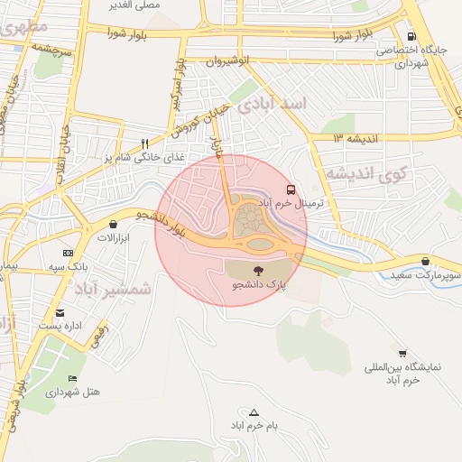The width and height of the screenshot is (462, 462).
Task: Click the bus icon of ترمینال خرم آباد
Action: coord(291,190)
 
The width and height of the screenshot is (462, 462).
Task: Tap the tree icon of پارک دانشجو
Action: coord(259,270)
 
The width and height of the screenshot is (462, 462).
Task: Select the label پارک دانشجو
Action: coord(259,284)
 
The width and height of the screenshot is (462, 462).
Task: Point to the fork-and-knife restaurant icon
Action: coord(145,143)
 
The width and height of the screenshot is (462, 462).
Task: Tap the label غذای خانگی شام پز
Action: coord(143,157)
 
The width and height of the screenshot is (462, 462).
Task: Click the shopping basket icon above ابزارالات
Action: coord(114,224)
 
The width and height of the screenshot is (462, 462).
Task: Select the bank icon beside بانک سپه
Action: coord(67,254)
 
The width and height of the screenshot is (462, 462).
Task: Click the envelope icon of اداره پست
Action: coord(60,312)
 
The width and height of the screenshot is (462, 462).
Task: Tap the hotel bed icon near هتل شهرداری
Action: coord(72,378)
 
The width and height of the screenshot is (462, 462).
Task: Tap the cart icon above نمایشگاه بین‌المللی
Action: coord(402,354)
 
